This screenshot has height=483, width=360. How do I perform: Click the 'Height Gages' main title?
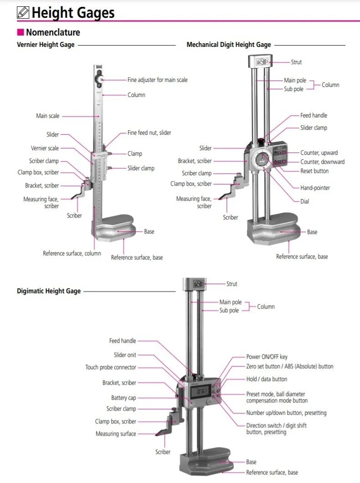[73, 13]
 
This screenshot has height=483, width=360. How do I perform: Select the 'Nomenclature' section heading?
[53, 32]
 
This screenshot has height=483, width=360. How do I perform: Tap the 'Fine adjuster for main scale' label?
[157, 80]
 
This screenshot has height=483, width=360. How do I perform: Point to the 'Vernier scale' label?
[45, 148]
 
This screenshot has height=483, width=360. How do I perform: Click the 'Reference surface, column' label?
[72, 254]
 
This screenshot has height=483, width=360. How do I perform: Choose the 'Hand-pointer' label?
[315, 188]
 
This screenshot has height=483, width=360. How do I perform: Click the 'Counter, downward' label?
[322, 162]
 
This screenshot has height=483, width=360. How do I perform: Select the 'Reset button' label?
[314, 171]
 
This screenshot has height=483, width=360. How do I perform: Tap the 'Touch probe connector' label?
[111, 367]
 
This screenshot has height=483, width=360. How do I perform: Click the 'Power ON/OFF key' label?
[267, 357]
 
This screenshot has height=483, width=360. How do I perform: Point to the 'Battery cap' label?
[123, 398]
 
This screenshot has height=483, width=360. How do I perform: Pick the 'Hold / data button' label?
[267, 379]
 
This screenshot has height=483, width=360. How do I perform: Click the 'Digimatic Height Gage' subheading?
[49, 291]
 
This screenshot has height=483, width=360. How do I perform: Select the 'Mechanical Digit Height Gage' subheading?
[229, 45]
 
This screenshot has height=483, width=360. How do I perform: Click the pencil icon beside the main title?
[23, 13]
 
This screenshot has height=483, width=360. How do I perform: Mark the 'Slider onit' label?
[125, 355]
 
